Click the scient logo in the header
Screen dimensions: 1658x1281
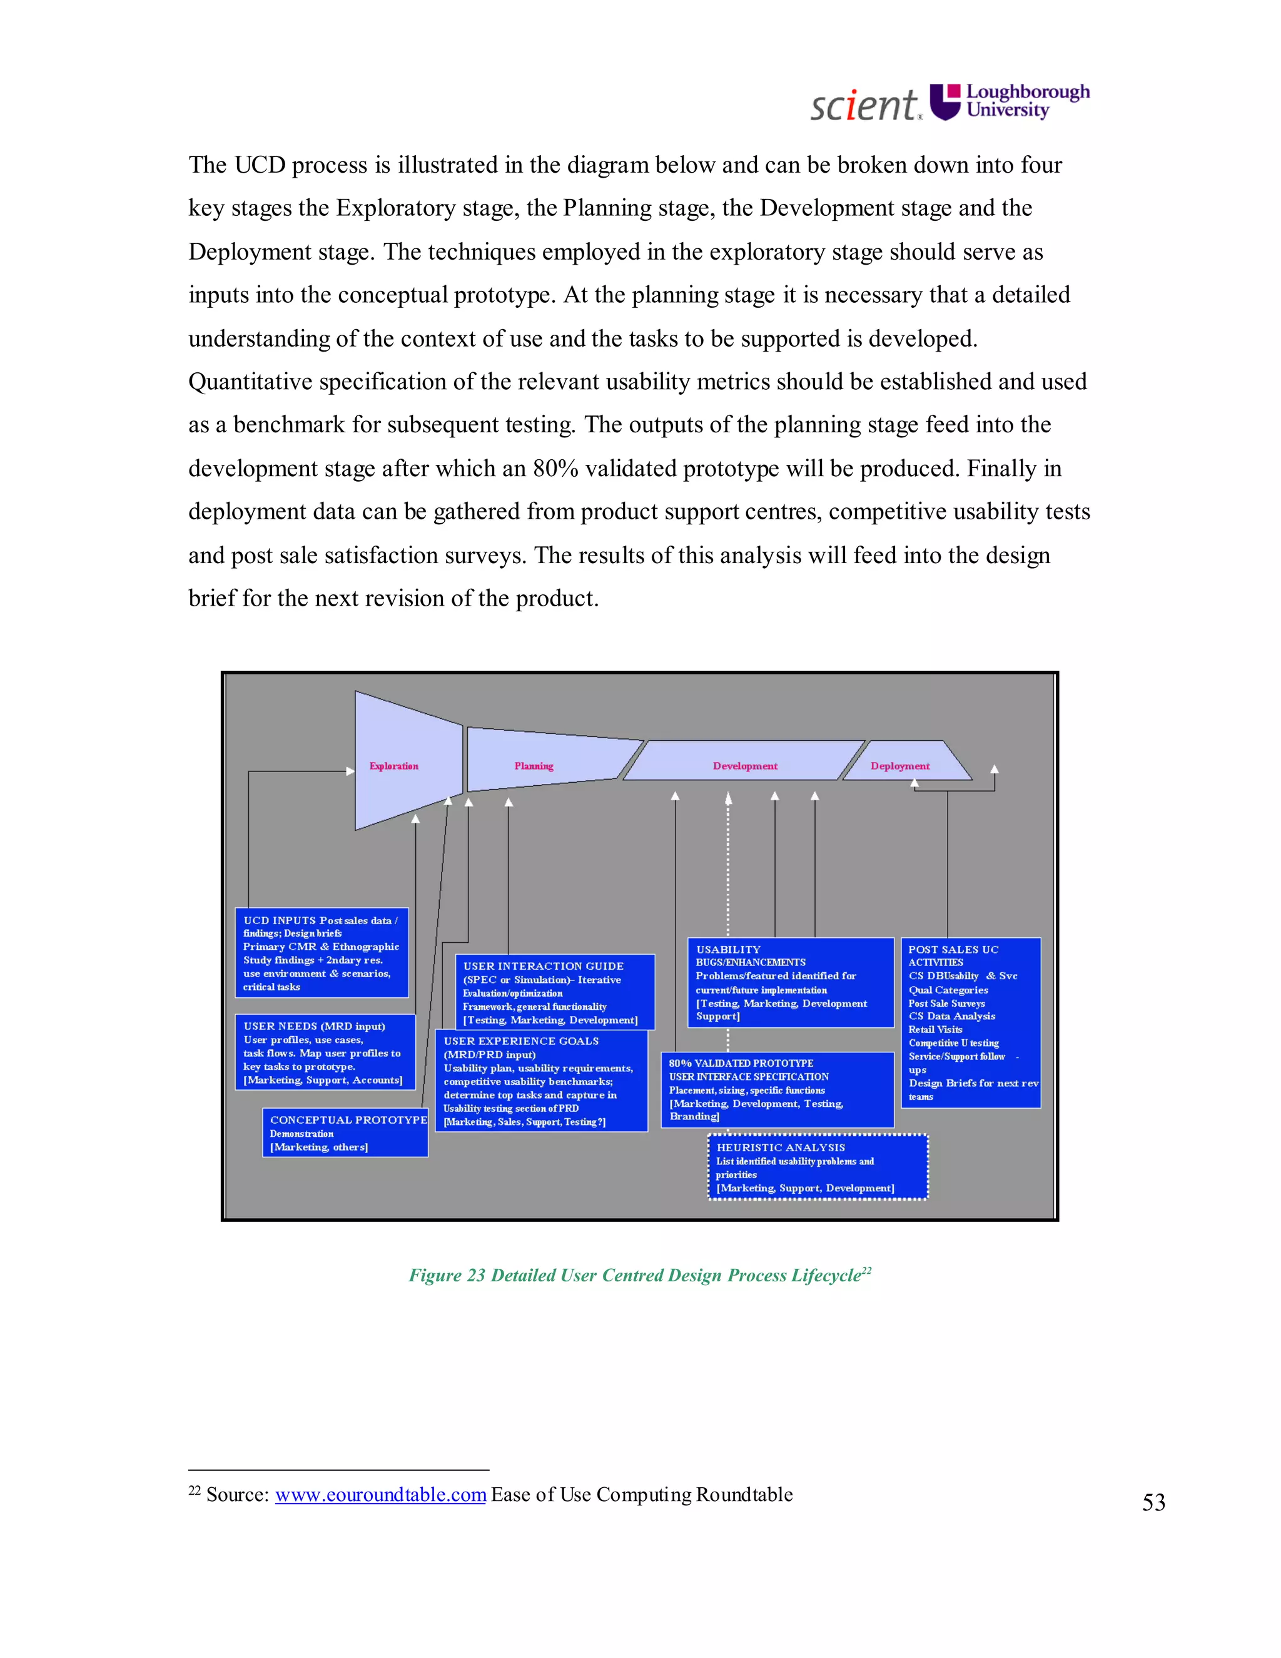pyautogui.click(x=864, y=104)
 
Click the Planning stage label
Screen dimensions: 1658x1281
pyautogui.click(x=534, y=766)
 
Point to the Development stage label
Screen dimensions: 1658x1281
pyautogui.click(x=744, y=766)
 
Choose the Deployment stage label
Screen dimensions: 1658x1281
pyautogui.click(x=899, y=766)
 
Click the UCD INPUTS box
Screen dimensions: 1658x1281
pyautogui.click(x=321, y=953)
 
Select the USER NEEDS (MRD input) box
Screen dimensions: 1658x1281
pyautogui.click(x=325, y=1052)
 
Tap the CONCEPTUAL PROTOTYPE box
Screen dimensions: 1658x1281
pyautogui.click(x=345, y=1132)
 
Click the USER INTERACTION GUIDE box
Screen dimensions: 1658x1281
pyautogui.click(x=554, y=992)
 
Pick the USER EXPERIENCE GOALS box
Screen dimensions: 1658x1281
pyautogui.click(x=541, y=1081)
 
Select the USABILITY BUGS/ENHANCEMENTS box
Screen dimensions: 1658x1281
pyautogui.click(x=790, y=982)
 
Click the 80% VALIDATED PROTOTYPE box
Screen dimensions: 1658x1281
pyautogui.click(x=776, y=1089)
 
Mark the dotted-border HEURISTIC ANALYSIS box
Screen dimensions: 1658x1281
pyautogui.click(x=818, y=1167)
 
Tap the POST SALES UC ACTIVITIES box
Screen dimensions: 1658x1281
pyautogui.click(x=971, y=1022)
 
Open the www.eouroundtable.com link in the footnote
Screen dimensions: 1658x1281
pyautogui.click(x=380, y=1495)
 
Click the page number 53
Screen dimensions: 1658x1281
pyautogui.click(x=1153, y=1502)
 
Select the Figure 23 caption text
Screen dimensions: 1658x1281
pyautogui.click(x=639, y=1275)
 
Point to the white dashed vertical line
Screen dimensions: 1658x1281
pyautogui.click(x=728, y=865)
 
